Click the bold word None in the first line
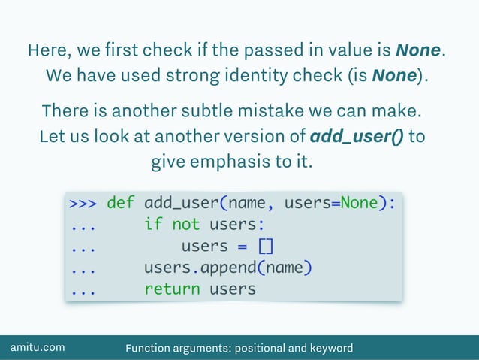click(418, 51)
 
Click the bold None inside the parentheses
click(394, 76)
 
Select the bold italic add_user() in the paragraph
click(356, 137)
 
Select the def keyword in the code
click(121, 203)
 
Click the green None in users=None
click(359, 203)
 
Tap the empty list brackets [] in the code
click(266, 247)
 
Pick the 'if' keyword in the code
click(153, 225)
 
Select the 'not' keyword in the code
click(185, 225)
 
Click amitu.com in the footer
click(37, 348)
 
